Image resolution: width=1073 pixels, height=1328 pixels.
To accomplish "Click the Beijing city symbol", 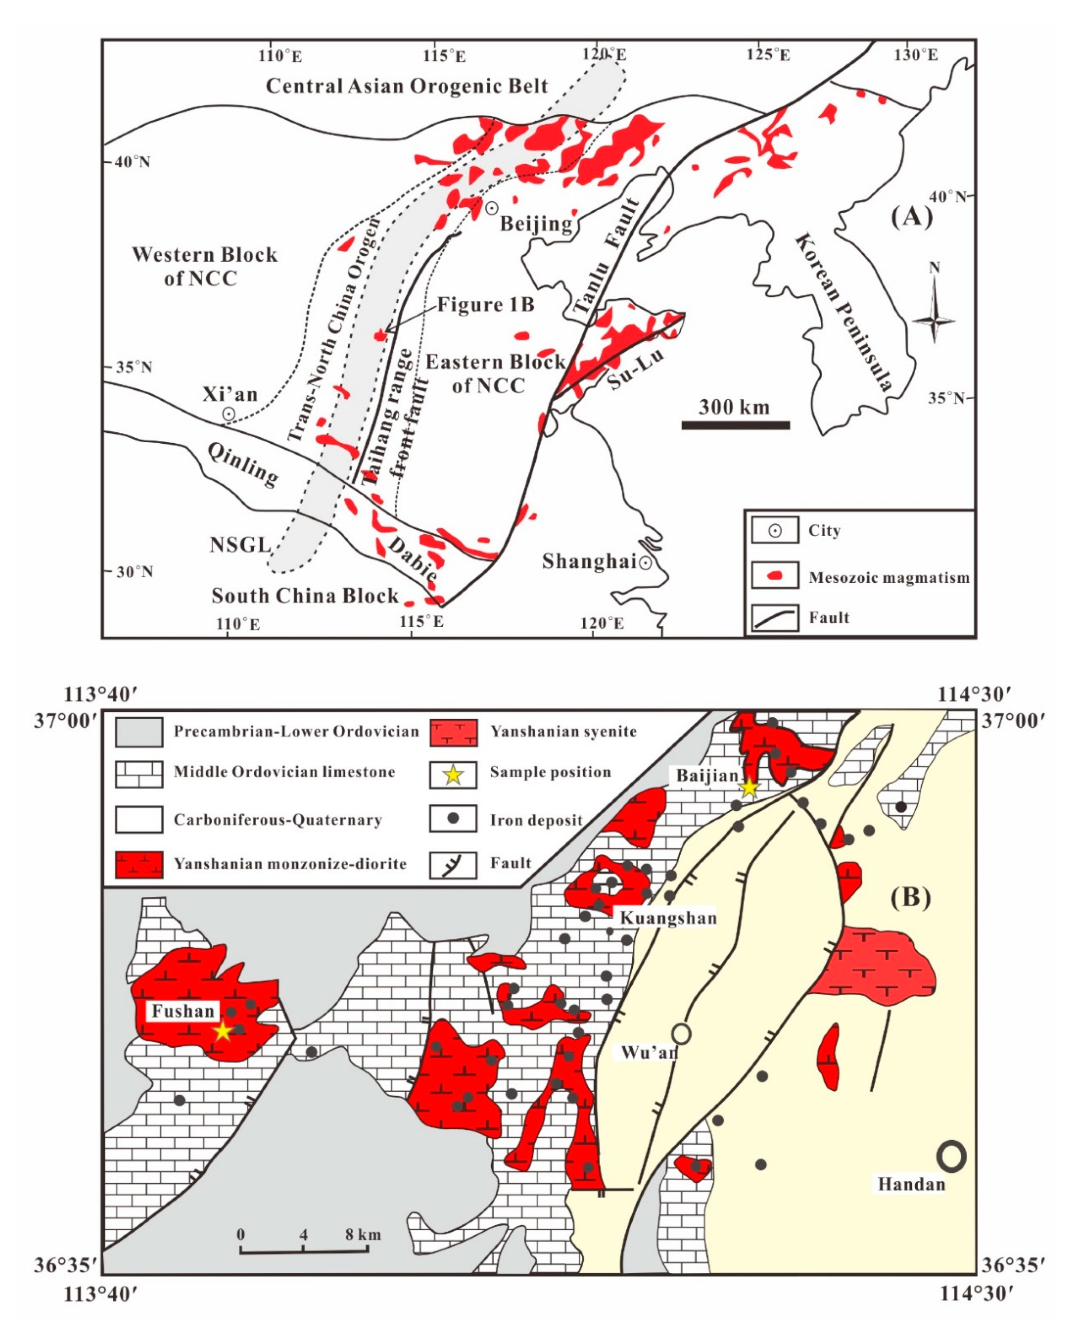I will [491, 208].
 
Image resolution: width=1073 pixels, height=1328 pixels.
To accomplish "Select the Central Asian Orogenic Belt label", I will [407, 86].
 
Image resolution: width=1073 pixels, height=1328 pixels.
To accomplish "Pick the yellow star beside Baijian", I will [749, 787].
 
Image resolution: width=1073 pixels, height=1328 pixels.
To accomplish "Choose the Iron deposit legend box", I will [453, 819].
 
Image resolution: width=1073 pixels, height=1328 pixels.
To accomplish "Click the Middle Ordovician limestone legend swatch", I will [139, 774].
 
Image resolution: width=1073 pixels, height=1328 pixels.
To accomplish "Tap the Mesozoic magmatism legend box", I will [775, 576].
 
